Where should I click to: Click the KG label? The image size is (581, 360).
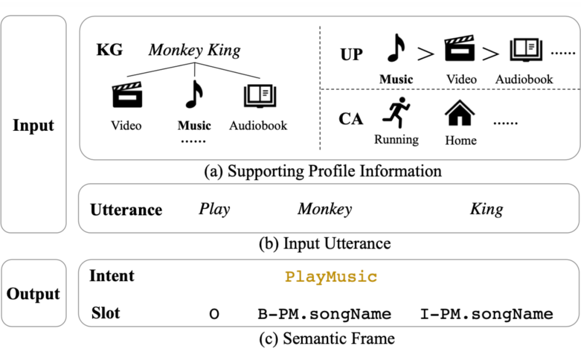[109, 50]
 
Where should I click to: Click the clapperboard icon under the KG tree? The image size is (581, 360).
[127, 95]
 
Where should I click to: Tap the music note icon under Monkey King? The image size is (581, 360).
[194, 94]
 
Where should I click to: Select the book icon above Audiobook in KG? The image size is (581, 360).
[259, 95]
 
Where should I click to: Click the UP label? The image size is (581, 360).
[351, 54]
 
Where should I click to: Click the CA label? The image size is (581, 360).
[351, 118]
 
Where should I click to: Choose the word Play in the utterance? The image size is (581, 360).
[214, 209]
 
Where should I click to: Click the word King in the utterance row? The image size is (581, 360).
[486, 209]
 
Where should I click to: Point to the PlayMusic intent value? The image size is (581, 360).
[331, 277]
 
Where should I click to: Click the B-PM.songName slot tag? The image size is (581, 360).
[324, 314]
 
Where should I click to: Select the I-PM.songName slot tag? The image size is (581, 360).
[486, 314]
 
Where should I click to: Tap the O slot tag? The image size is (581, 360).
[214, 314]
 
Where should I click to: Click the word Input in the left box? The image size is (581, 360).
[33, 125]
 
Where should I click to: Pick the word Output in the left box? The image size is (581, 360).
[33, 294]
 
